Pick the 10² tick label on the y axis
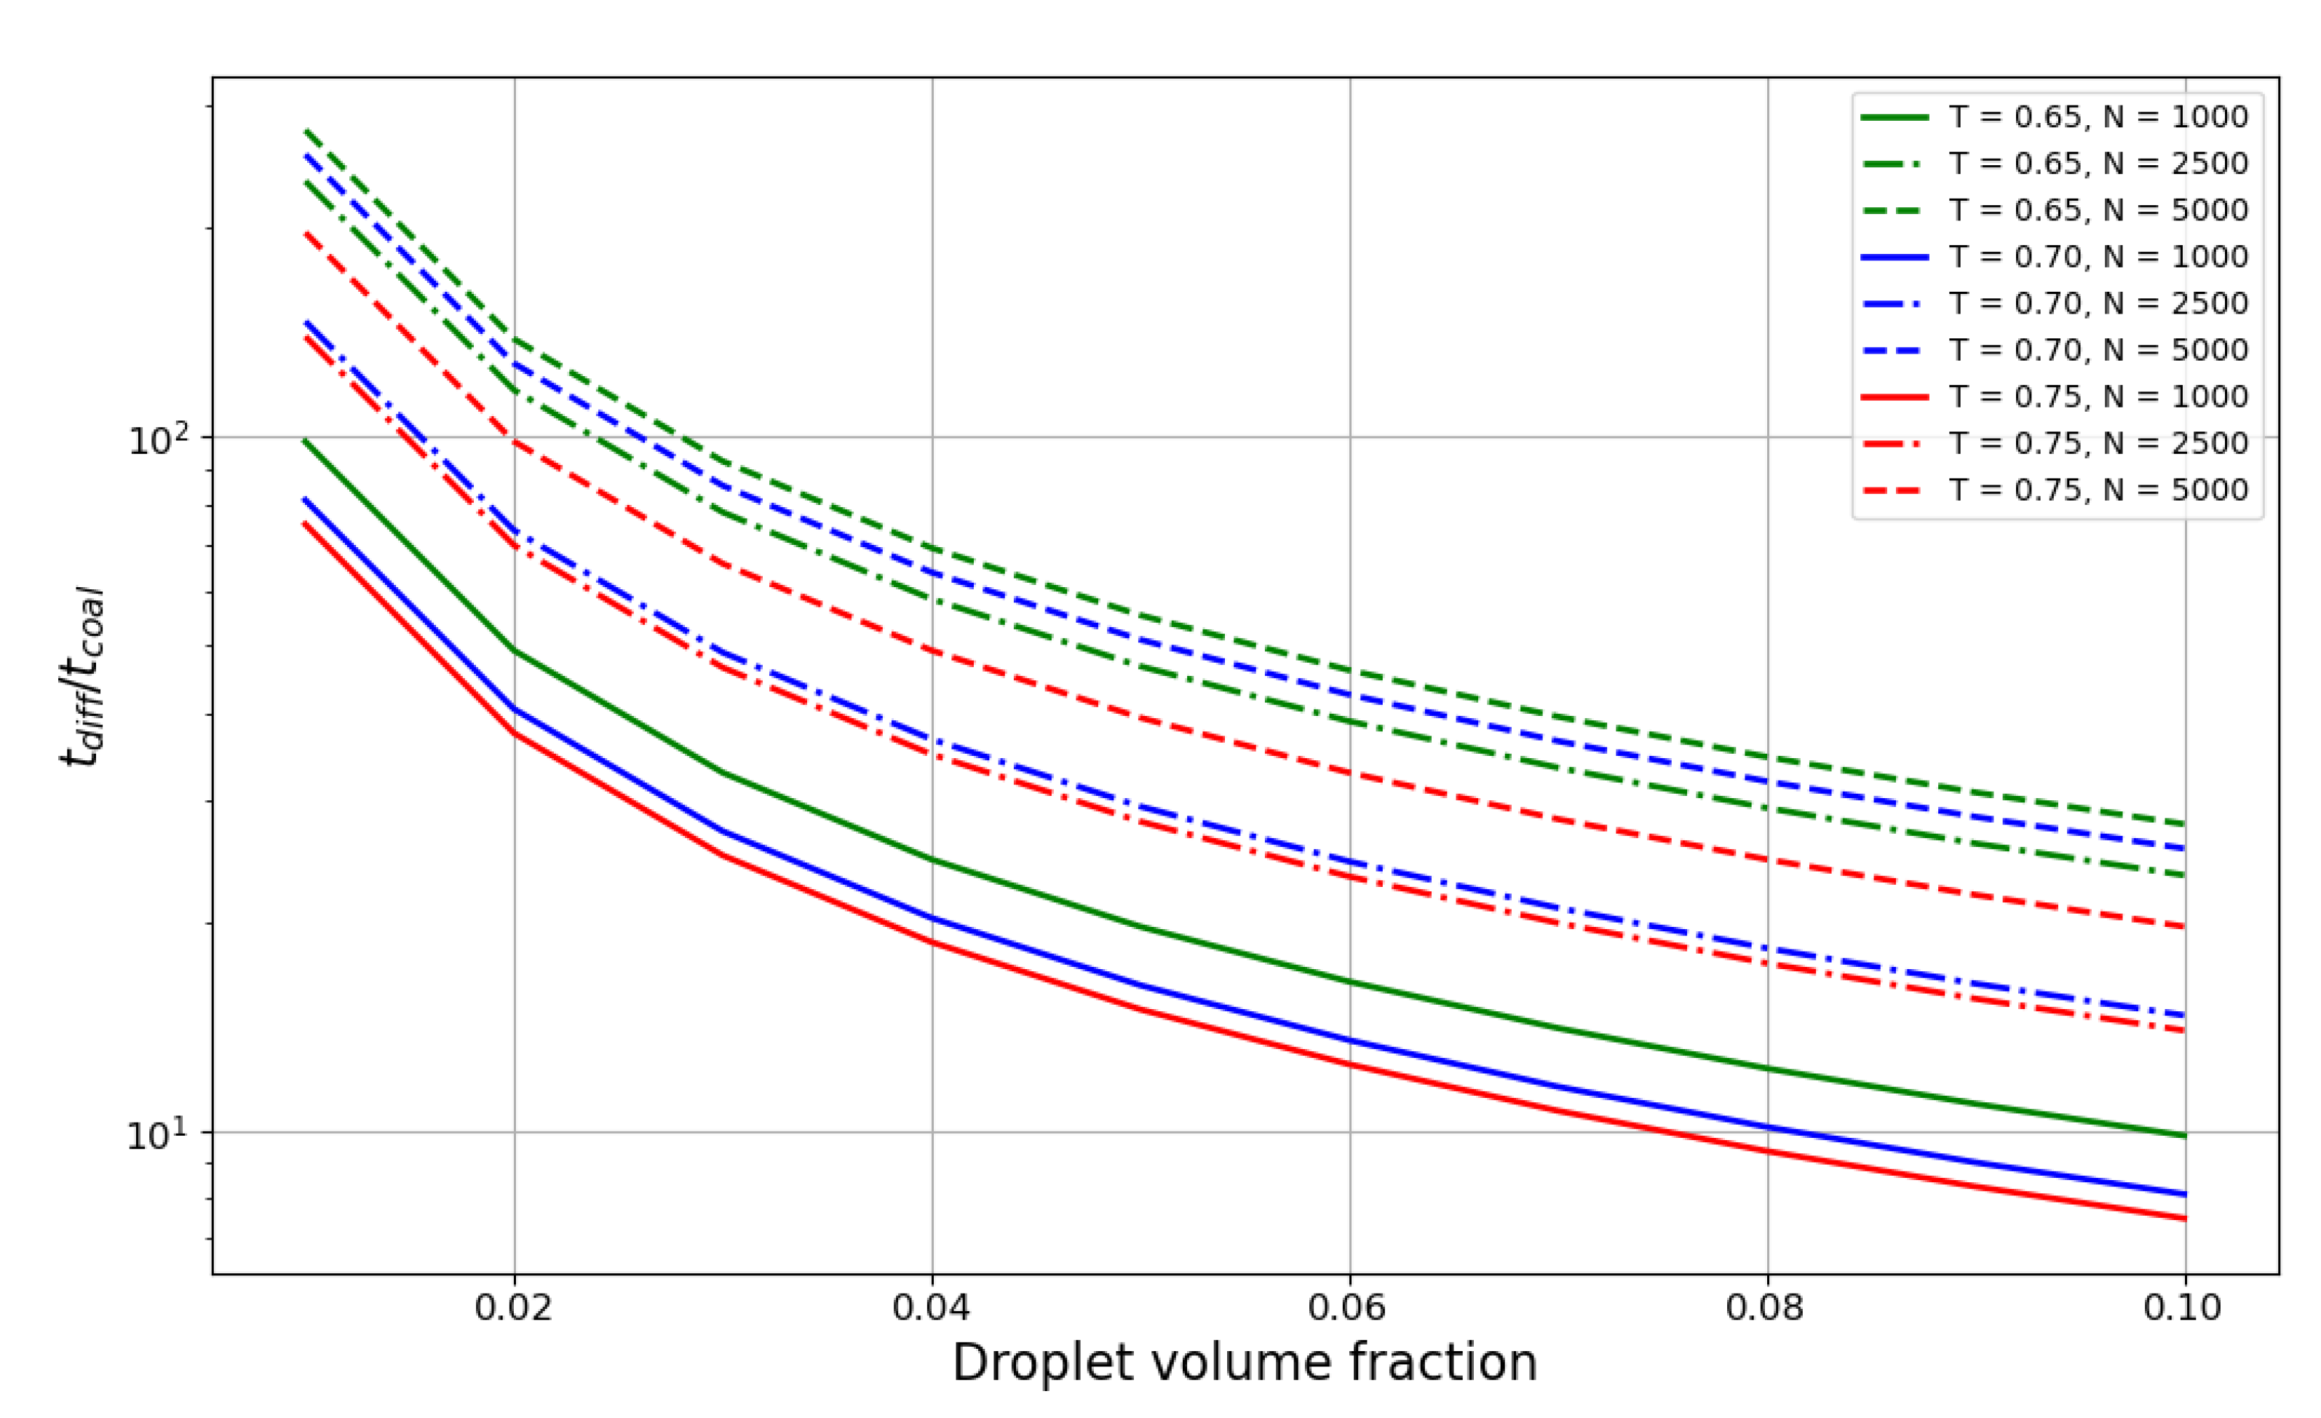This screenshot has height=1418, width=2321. (157, 439)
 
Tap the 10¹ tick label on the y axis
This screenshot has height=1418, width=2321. (157, 1134)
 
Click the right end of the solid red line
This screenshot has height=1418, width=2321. (2184, 1219)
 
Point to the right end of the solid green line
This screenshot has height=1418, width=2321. (2184, 1136)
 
